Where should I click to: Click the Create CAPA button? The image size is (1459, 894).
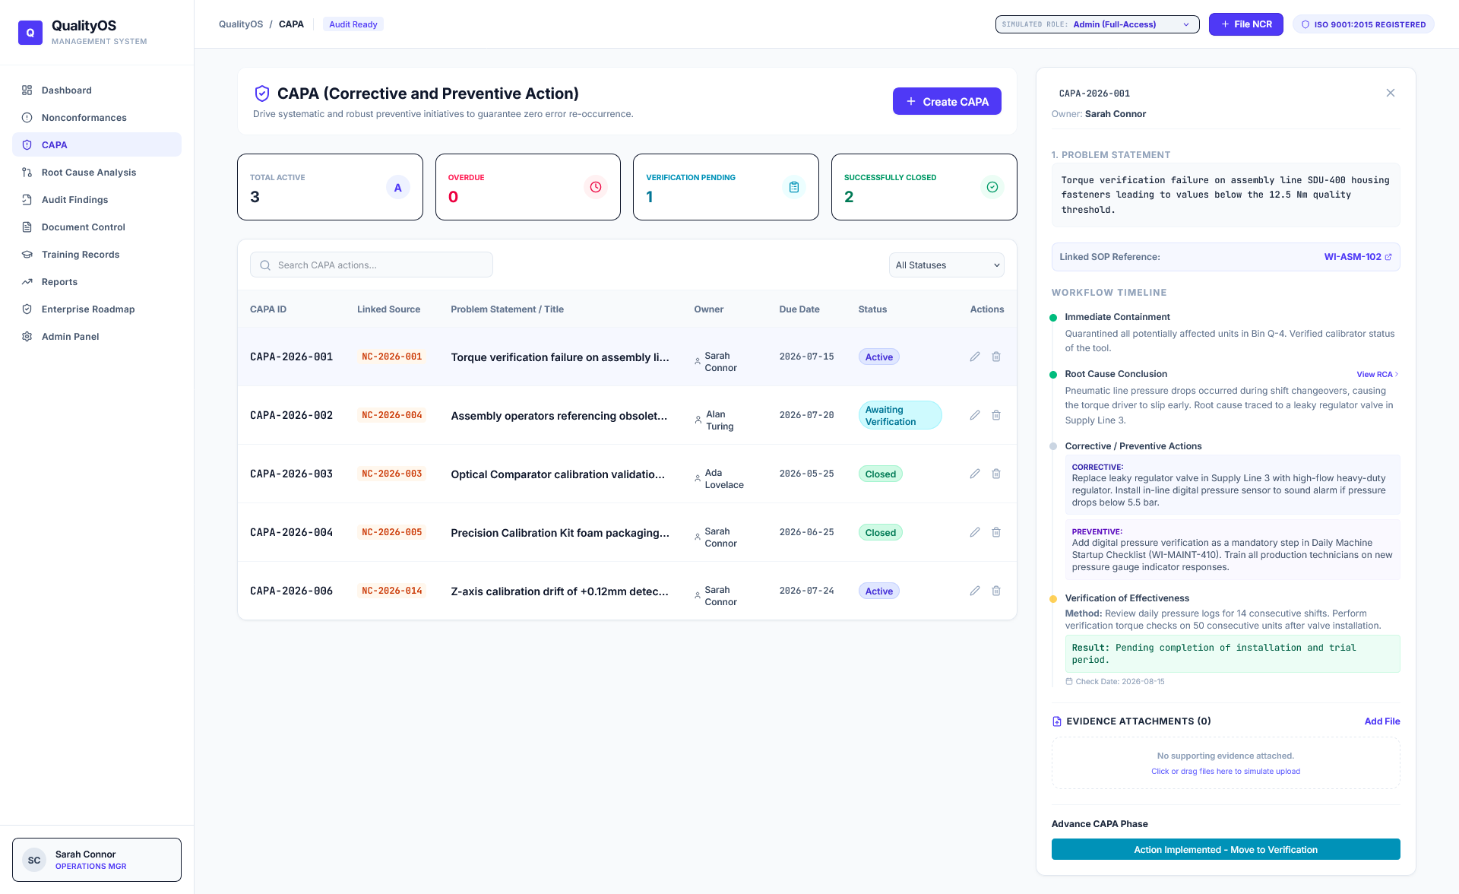coord(947,101)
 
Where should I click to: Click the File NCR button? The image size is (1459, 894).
coord(1246,24)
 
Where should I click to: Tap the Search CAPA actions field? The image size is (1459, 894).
coord(372,265)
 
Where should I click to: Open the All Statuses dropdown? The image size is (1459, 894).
coord(947,265)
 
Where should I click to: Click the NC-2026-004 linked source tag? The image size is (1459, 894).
coord(392,415)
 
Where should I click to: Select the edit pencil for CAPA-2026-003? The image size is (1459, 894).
coord(975,474)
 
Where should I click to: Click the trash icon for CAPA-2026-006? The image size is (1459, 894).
coord(996,591)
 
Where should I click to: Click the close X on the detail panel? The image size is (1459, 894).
coord(1391,93)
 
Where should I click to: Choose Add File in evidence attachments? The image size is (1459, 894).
coord(1382,721)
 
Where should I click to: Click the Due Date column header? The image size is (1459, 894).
coord(799,309)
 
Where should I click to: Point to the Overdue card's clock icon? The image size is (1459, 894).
coord(596,187)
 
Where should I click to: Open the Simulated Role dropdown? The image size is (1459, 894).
coord(1097,24)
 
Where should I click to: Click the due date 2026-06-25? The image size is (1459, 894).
coord(807,532)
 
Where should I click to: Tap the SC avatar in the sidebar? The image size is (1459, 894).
coord(34,861)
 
